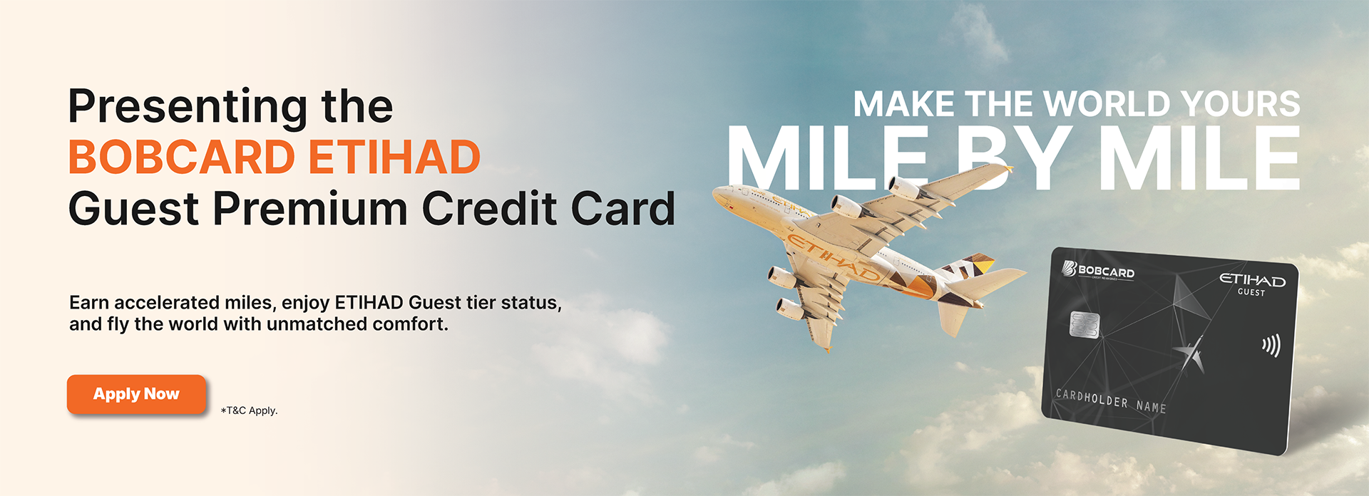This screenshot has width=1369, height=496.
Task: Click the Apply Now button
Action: (136, 394)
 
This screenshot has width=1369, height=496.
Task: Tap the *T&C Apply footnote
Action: (249, 410)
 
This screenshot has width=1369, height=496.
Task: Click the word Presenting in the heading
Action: (189, 108)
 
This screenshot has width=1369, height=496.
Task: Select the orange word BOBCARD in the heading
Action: (182, 157)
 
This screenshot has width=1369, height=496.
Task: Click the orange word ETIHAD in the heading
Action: (394, 157)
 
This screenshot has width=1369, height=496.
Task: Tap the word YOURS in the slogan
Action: (1241, 104)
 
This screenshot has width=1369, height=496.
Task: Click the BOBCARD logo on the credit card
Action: (1098, 271)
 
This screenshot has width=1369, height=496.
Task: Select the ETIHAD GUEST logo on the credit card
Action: (1252, 283)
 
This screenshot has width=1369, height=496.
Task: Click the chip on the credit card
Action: (1085, 325)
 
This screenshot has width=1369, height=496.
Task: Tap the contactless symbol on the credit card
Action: (1271, 346)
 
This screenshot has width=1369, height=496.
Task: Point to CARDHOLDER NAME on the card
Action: (1111, 401)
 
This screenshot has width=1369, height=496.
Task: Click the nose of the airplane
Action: (717, 191)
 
